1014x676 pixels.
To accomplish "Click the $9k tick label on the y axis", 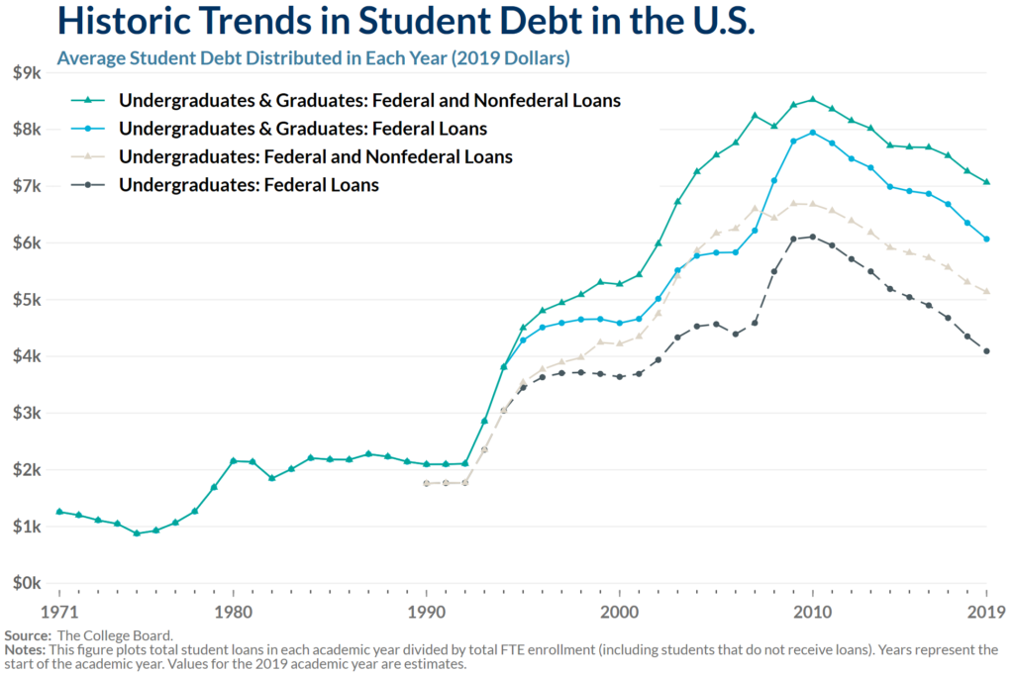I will pyautogui.click(x=26, y=72).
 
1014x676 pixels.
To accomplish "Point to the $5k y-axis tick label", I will pyautogui.click(x=26, y=299).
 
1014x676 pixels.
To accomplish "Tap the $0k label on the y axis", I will pyautogui.click(x=26, y=583).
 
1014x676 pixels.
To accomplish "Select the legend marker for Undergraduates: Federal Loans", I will pyautogui.click(x=89, y=185).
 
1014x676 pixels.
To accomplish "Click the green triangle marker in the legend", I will pyautogui.click(x=89, y=100).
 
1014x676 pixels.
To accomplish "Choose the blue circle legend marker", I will pyautogui.click(x=89, y=129).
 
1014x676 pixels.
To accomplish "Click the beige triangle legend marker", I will pyautogui.click(x=89, y=156).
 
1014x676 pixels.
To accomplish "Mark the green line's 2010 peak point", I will pyautogui.click(x=812, y=99).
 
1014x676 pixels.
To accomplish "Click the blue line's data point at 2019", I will pyautogui.click(x=986, y=239).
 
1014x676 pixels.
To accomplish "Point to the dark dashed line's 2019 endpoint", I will pyautogui.click(x=986, y=351).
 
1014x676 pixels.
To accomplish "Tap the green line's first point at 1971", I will pyautogui.click(x=59, y=511).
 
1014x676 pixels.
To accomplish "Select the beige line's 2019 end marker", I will pyautogui.click(x=986, y=291).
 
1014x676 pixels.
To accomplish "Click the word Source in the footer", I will pyautogui.click(x=28, y=635).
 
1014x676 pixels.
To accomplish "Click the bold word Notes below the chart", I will pyautogui.click(x=26, y=649).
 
